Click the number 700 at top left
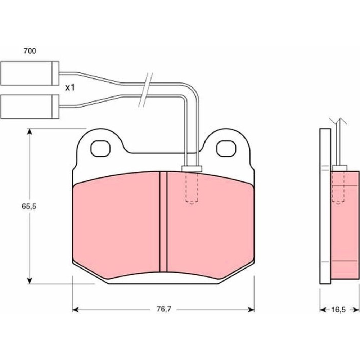coord(30,51)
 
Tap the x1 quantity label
coord(70,87)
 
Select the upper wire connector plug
coord(30,73)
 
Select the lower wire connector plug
coord(30,107)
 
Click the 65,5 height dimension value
coord(29,206)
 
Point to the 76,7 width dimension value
coord(164,309)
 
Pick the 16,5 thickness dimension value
coord(338,310)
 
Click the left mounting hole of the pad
coord(100,149)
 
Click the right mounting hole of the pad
coord(226,149)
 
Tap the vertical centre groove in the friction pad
coord(163,222)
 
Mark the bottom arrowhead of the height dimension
coord(29,280)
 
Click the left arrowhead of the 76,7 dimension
coord(76,310)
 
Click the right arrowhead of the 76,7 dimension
coord(251,310)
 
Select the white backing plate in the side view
coord(325,206)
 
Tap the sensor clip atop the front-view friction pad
coord(192,168)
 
